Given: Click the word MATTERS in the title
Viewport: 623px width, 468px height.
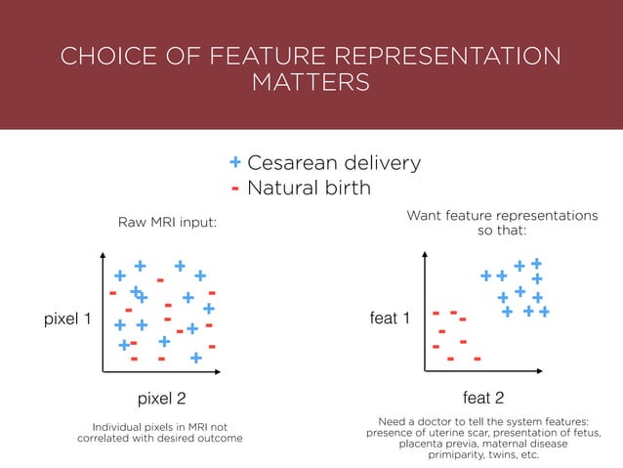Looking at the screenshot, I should tap(311, 82).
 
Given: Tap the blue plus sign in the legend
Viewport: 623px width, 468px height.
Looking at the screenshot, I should tap(235, 162).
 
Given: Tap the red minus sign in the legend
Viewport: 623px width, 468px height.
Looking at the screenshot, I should tap(235, 187).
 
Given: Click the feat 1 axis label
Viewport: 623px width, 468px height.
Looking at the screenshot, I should tap(389, 319).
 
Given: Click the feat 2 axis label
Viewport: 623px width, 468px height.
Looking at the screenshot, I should tap(482, 399).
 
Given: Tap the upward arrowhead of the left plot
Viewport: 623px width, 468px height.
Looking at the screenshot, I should tap(102, 256).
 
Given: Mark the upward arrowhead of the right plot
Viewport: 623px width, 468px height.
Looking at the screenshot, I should tap(425, 256).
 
